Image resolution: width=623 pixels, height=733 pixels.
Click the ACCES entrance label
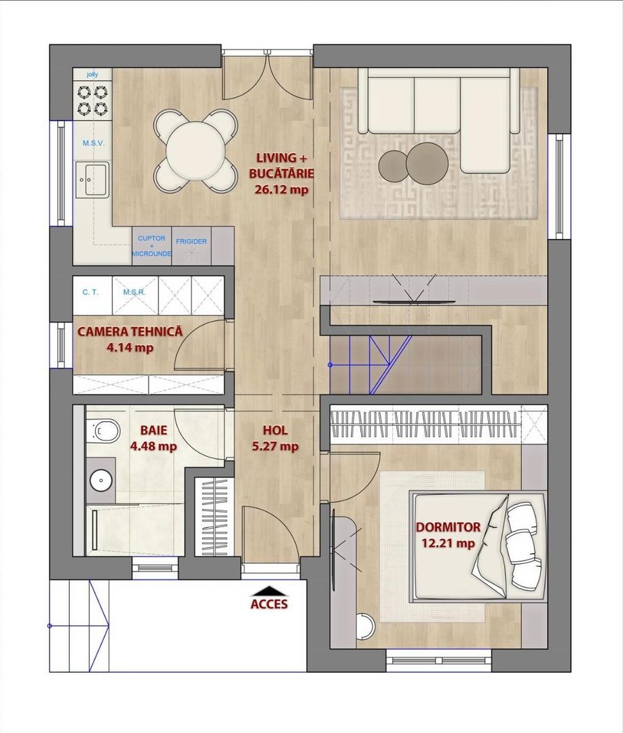(269, 604)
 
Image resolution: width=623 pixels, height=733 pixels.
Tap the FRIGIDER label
(191, 242)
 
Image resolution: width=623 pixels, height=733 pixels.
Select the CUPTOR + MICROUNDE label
(151, 246)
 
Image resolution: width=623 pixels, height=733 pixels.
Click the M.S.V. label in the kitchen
(94, 143)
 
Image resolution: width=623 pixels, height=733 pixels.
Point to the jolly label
(92, 75)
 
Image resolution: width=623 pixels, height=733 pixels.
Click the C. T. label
(90, 292)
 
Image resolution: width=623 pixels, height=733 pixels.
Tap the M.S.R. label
(134, 292)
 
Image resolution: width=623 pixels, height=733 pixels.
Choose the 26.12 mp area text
(282, 189)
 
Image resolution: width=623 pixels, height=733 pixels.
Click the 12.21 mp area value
(448, 543)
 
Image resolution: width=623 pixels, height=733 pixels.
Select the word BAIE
(154, 430)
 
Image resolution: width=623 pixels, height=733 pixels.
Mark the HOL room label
(276, 430)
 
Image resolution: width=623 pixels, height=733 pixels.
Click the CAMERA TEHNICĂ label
(130, 332)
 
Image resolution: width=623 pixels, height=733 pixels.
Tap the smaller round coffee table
(393, 167)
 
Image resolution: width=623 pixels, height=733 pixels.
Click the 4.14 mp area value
(130, 347)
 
